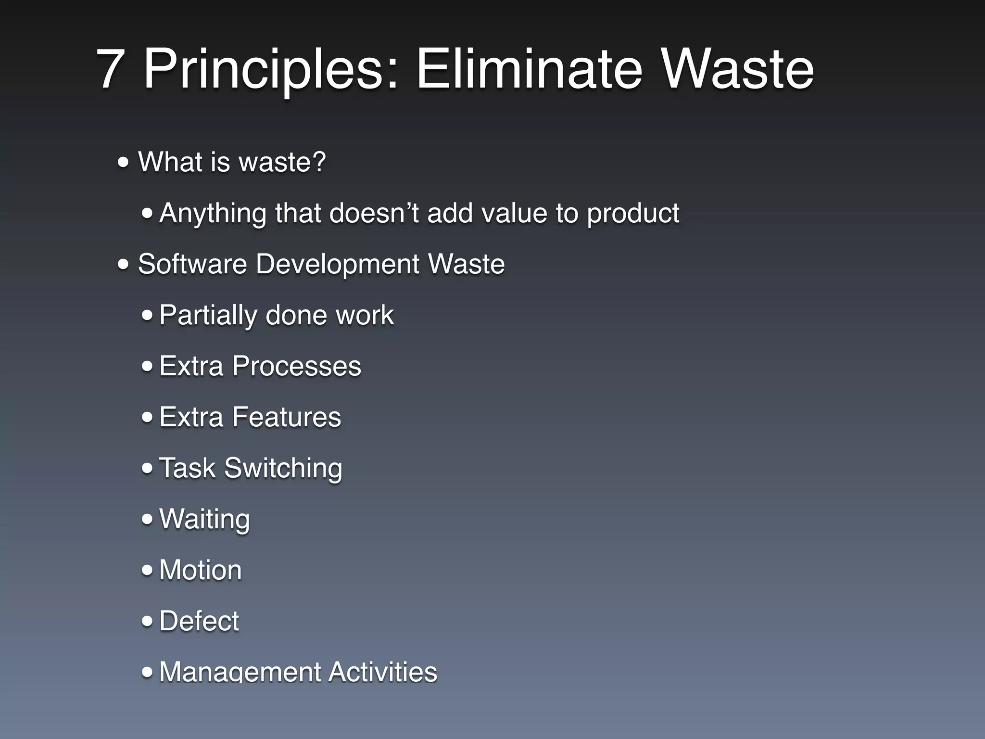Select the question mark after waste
319,162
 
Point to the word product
633,213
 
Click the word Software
192,264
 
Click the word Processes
296,366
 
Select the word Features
287,417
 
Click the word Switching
283,468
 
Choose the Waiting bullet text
204,520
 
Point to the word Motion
200,570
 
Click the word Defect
199,621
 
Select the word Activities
383,672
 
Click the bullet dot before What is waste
124,163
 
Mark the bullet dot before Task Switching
147,468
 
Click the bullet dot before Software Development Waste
124,264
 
